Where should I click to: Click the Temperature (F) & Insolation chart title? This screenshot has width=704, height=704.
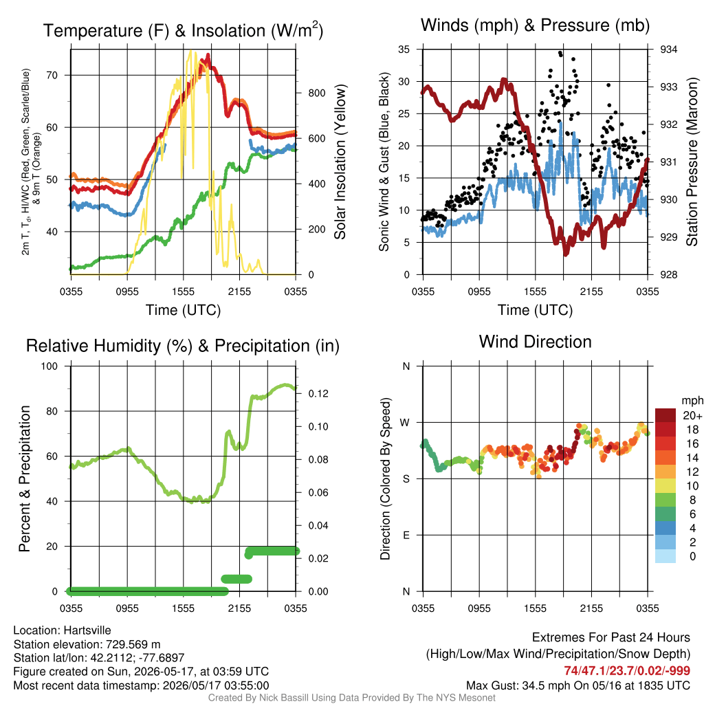(183, 30)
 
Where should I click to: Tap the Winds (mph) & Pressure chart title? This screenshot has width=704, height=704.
(535, 25)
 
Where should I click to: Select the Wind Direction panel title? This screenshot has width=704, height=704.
(535, 342)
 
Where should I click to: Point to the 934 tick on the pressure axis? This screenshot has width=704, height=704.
(668, 49)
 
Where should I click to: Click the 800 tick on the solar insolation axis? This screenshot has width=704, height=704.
(316, 93)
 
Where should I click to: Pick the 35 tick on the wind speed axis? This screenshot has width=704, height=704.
(404, 49)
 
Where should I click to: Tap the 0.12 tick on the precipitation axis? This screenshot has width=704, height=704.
(318, 394)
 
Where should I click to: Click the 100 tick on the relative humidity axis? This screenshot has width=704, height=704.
(49, 366)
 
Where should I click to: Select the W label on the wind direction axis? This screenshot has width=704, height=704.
(405, 423)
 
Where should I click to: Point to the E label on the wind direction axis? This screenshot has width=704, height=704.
(406, 535)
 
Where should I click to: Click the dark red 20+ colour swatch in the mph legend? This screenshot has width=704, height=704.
(665, 415)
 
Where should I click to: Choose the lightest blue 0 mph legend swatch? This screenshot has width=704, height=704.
(665, 555)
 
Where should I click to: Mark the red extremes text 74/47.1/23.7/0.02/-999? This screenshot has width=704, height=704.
(627, 670)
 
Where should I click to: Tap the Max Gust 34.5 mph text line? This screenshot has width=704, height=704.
(577, 685)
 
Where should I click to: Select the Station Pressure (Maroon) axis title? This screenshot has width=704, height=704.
(692, 162)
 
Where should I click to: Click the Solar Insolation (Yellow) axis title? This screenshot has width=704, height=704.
(340, 162)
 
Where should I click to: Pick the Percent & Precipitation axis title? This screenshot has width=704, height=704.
(25, 478)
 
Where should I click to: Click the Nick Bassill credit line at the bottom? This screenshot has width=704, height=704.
(351, 698)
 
